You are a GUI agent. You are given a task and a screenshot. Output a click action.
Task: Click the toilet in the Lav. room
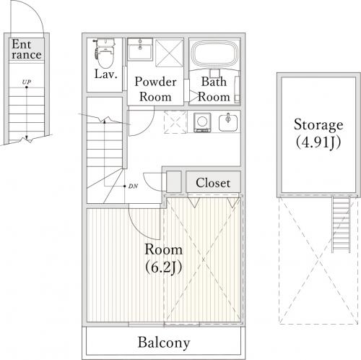(105, 53)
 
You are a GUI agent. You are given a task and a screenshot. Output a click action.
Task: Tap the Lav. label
(106, 74)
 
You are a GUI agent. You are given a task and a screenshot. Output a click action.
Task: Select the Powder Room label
(155, 89)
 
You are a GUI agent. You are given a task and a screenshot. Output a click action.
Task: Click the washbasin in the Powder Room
(140, 50)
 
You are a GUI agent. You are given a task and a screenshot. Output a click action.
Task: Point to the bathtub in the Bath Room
(215, 54)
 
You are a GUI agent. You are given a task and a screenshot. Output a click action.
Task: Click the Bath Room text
(214, 89)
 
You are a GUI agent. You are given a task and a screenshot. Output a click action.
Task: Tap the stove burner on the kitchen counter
(202, 122)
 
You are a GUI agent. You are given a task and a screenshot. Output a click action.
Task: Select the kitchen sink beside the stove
(228, 122)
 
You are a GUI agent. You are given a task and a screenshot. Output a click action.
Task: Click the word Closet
(213, 183)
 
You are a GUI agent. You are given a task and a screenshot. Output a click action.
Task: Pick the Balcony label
(164, 343)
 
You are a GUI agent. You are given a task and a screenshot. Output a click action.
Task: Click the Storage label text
(318, 125)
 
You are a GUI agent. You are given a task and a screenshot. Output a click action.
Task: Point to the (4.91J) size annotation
(318, 142)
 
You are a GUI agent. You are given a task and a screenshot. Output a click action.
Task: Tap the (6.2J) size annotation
(164, 267)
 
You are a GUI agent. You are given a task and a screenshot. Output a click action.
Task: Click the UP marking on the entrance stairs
(27, 82)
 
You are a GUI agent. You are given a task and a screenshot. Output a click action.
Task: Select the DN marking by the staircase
(133, 186)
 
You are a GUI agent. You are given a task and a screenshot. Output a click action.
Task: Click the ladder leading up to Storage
(341, 225)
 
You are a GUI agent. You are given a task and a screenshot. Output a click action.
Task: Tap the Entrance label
(27, 49)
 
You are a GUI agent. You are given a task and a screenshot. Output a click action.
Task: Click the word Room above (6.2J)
(164, 249)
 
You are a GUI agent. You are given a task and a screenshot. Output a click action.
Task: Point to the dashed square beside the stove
(175, 122)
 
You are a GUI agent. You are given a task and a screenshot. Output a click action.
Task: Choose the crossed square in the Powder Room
(170, 53)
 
